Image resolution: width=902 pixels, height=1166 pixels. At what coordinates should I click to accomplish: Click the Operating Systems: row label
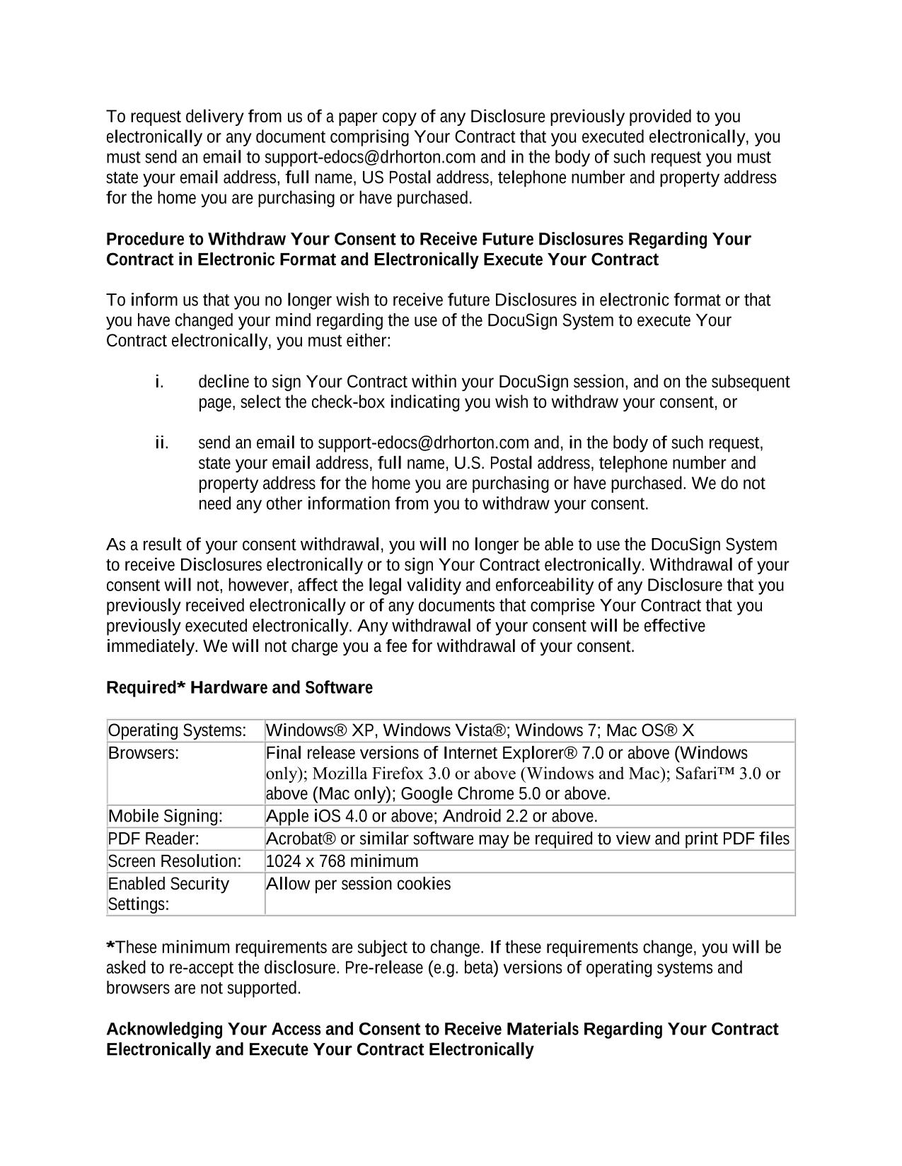pos(177,730)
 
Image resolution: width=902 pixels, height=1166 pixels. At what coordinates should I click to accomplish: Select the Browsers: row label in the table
pos(144,753)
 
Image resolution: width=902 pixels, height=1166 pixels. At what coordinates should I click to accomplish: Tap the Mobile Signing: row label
pos(166,817)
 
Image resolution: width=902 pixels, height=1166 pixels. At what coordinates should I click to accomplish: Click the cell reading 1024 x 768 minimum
pos(342,861)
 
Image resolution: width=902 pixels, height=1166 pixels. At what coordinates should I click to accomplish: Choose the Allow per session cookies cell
pos(358,884)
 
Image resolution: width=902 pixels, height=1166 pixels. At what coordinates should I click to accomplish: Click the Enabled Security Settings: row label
pos(168,894)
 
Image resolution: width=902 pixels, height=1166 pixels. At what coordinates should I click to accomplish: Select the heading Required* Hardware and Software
pos(239,688)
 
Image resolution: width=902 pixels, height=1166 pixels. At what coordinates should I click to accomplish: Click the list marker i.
pos(159,383)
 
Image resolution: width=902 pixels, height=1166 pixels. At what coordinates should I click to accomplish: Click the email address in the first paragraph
pos(370,157)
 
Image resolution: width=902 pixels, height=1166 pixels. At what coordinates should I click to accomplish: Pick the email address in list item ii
pos(423,443)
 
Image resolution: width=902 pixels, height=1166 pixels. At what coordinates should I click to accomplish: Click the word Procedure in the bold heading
pos(145,240)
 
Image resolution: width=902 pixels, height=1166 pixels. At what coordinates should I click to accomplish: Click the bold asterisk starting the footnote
pos(110,946)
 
